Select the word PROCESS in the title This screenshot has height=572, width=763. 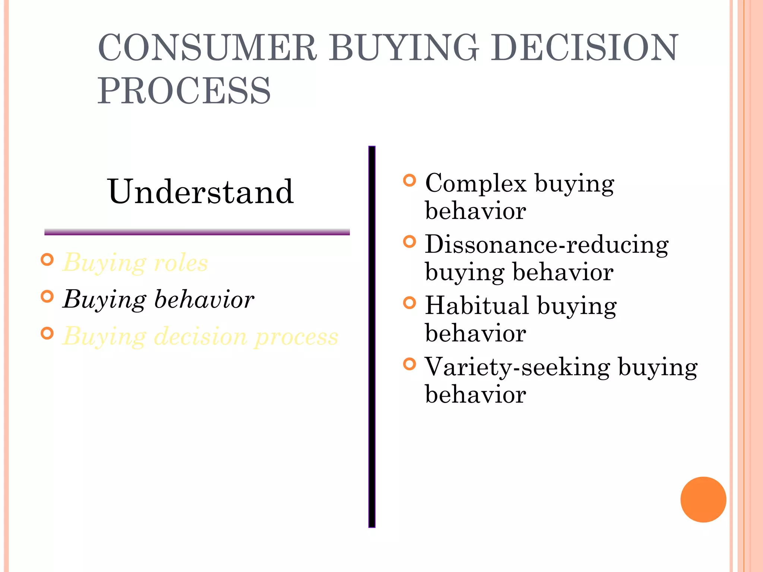click(x=184, y=91)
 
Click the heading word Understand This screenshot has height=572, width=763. click(x=200, y=192)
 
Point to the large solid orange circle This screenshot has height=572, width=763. click(x=703, y=499)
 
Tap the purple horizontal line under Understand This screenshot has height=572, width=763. click(x=197, y=232)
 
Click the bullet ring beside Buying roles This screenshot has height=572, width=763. click(x=47, y=260)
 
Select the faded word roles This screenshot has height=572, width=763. click(x=181, y=263)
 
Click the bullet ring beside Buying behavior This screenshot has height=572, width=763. click(x=47, y=296)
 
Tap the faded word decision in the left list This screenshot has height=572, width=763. click(x=200, y=336)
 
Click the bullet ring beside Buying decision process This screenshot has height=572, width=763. click(x=47, y=333)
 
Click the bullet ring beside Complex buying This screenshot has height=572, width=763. click(x=409, y=181)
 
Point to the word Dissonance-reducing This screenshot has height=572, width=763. click(x=547, y=245)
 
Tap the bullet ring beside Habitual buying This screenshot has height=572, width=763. click(x=409, y=303)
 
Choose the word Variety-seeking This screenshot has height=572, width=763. click(x=517, y=367)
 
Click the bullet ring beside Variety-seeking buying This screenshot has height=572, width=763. click(x=409, y=364)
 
